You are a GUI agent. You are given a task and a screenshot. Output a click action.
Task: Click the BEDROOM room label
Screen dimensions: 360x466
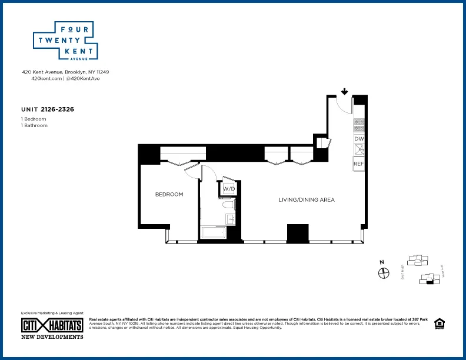[x=169, y=195]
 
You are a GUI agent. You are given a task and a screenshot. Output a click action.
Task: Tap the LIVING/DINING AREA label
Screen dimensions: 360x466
[x=307, y=200]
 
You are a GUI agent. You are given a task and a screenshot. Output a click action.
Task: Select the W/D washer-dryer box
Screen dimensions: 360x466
[x=228, y=189]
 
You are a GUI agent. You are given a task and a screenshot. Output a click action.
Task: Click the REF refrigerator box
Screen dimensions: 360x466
[x=359, y=164]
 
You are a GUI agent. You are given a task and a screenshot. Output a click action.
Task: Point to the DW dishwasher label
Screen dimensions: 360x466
[x=359, y=139]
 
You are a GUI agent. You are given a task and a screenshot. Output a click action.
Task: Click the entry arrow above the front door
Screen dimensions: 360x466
[x=344, y=91]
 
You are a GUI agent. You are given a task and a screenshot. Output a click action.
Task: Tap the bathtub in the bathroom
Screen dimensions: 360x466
[x=214, y=233]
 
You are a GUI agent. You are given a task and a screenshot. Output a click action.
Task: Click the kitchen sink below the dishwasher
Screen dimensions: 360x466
[x=359, y=150]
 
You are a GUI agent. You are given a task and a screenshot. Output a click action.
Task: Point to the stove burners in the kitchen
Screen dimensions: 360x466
[x=359, y=125]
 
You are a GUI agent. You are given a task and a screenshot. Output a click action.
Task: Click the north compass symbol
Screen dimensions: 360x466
[x=384, y=272]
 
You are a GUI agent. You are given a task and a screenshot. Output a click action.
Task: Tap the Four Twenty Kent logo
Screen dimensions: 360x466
[x=64, y=42]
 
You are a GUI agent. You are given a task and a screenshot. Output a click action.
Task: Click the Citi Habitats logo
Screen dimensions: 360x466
[x=52, y=325]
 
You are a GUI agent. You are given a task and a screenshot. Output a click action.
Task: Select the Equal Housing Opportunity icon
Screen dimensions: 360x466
[x=438, y=324]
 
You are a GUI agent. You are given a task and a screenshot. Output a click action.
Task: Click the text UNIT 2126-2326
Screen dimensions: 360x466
[x=47, y=109]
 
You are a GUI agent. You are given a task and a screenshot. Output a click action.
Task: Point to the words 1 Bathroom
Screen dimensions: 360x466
[x=34, y=125]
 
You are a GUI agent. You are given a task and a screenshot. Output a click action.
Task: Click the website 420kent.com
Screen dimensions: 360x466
[x=46, y=78]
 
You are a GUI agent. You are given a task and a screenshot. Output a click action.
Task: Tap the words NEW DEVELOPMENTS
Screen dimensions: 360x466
[x=52, y=337]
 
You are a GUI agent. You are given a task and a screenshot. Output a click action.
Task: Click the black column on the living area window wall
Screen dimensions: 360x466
[x=298, y=233]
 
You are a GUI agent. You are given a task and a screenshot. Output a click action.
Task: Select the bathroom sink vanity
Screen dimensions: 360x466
[x=231, y=219]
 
